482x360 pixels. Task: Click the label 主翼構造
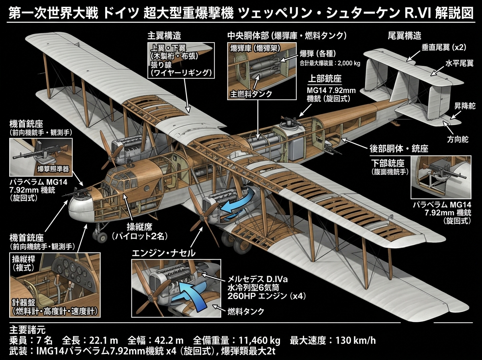pyautogui.click(x=164, y=36)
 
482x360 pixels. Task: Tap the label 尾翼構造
pyautogui.click(x=405, y=36)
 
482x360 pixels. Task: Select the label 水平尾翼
pyautogui.click(x=459, y=63)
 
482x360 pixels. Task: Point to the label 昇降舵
pyautogui.click(x=465, y=106)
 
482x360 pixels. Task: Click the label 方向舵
pyautogui.click(x=457, y=139)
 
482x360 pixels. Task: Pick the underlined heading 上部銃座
pyautogui.click(x=325, y=79)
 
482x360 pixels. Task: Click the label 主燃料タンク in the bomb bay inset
pyautogui.click(x=251, y=94)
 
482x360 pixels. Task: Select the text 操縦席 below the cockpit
pyautogui.click(x=139, y=227)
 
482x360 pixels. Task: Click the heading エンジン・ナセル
pyautogui.click(x=163, y=253)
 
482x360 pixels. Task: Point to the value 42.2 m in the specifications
pyautogui.click(x=169, y=341)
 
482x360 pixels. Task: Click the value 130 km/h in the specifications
pyautogui.click(x=356, y=341)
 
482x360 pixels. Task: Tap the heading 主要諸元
pyautogui.click(x=27, y=330)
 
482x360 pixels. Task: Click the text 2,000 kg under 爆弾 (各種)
pyautogui.click(x=349, y=63)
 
